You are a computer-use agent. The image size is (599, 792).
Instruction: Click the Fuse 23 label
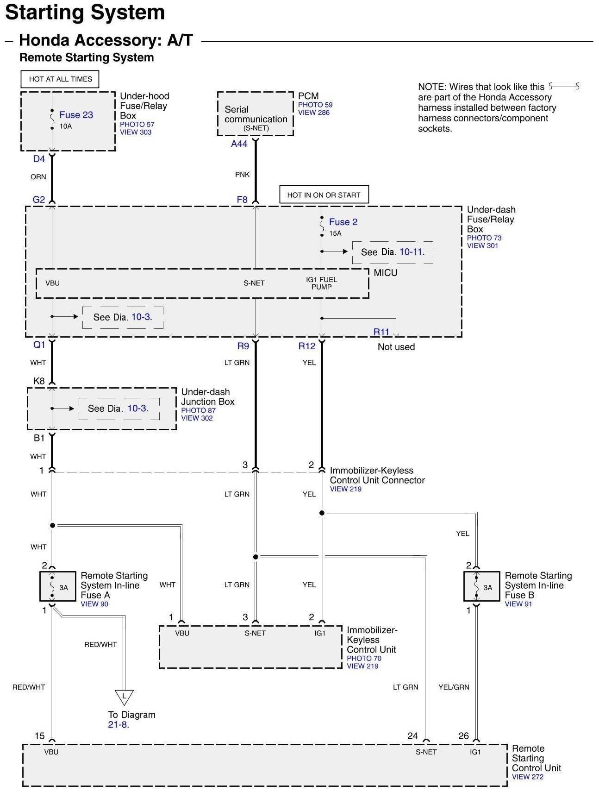(x=76, y=115)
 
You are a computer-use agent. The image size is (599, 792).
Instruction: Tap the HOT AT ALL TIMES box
(x=61, y=79)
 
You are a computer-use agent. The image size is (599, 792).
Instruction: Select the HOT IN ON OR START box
(x=324, y=195)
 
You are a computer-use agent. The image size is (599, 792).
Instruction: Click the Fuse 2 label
(x=343, y=222)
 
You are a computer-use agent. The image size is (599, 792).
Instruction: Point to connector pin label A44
(x=239, y=144)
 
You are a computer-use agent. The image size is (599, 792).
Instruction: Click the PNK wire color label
(x=242, y=175)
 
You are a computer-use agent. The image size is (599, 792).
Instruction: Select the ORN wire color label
(x=38, y=177)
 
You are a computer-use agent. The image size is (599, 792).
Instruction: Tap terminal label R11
(x=381, y=332)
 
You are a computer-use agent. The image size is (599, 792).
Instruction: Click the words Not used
(x=396, y=347)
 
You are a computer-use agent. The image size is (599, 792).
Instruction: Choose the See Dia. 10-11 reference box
(x=393, y=252)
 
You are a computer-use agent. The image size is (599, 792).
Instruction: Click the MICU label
(x=386, y=273)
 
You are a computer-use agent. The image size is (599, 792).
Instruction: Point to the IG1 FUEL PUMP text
(x=321, y=283)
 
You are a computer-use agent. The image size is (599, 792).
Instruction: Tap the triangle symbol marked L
(x=124, y=696)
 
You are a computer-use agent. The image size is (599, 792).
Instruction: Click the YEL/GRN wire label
(x=454, y=687)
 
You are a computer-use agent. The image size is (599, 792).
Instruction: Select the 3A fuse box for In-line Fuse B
(x=481, y=587)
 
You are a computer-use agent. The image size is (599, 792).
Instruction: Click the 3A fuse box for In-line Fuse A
(x=58, y=587)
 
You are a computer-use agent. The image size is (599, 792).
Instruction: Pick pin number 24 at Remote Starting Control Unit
(x=412, y=736)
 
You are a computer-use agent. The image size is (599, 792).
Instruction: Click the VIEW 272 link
(x=528, y=777)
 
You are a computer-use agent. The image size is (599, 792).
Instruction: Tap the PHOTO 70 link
(x=364, y=658)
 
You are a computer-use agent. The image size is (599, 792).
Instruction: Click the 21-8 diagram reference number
(x=118, y=725)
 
